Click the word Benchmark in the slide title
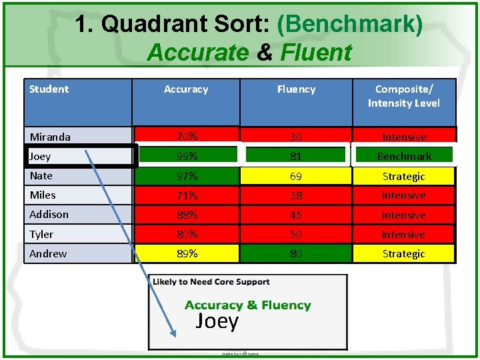(349, 25)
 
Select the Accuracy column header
(186, 89)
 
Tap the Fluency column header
(296, 89)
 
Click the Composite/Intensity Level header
(403, 96)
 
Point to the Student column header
(49, 89)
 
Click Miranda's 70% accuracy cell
(187, 136)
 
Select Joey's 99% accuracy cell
(187, 156)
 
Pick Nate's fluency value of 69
(296, 176)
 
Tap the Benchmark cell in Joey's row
(403, 156)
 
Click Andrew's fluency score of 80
(296, 253)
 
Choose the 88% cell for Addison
(187, 215)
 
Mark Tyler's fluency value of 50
(296, 234)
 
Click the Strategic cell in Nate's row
(403, 176)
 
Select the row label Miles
(43, 195)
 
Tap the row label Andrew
(48, 253)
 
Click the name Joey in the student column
(40, 156)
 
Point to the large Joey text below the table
(217, 321)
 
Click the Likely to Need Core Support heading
(211, 282)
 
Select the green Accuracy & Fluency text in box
(247, 305)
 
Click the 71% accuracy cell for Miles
(187, 195)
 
